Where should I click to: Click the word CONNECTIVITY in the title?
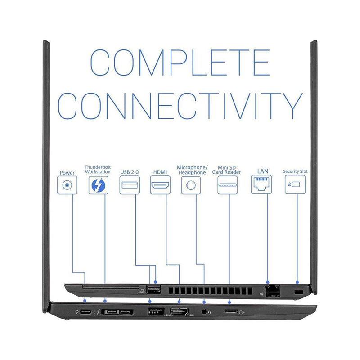coord(180,106)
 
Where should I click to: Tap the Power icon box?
coord(67,184)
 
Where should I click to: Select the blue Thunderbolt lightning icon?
coord(98,185)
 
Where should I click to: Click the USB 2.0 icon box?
coord(129,184)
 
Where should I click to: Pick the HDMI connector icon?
coord(160,184)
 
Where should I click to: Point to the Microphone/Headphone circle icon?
coord(191,184)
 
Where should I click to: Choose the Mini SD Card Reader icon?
coord(227,184)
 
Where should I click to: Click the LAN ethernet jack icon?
coord(261,184)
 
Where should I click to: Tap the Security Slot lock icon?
coord(295,184)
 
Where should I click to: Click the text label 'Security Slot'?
coord(295,171)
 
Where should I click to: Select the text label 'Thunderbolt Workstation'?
coord(98,170)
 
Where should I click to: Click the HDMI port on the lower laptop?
coord(180,311)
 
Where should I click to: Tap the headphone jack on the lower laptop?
coord(205,311)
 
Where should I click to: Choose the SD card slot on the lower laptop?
coord(230,311)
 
